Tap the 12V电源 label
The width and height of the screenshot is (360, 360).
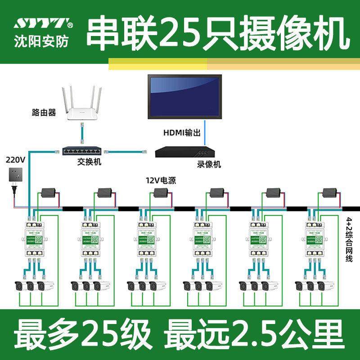(x=160, y=181)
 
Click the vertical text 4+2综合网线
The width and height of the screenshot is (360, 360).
(x=349, y=238)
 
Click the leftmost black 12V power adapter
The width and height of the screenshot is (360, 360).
(x=49, y=194)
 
